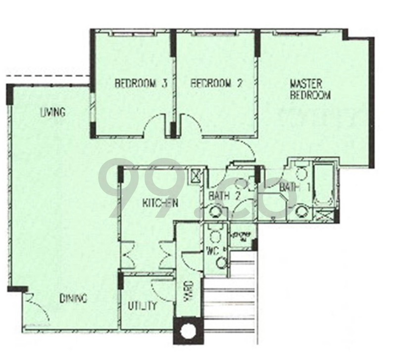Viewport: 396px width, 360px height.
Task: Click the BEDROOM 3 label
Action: [x=141, y=84]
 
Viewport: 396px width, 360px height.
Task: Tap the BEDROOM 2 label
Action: [x=217, y=84]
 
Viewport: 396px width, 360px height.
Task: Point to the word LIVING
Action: [x=52, y=112]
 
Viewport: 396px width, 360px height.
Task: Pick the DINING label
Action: [x=73, y=298]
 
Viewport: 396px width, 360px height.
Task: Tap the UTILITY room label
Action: [x=142, y=306]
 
